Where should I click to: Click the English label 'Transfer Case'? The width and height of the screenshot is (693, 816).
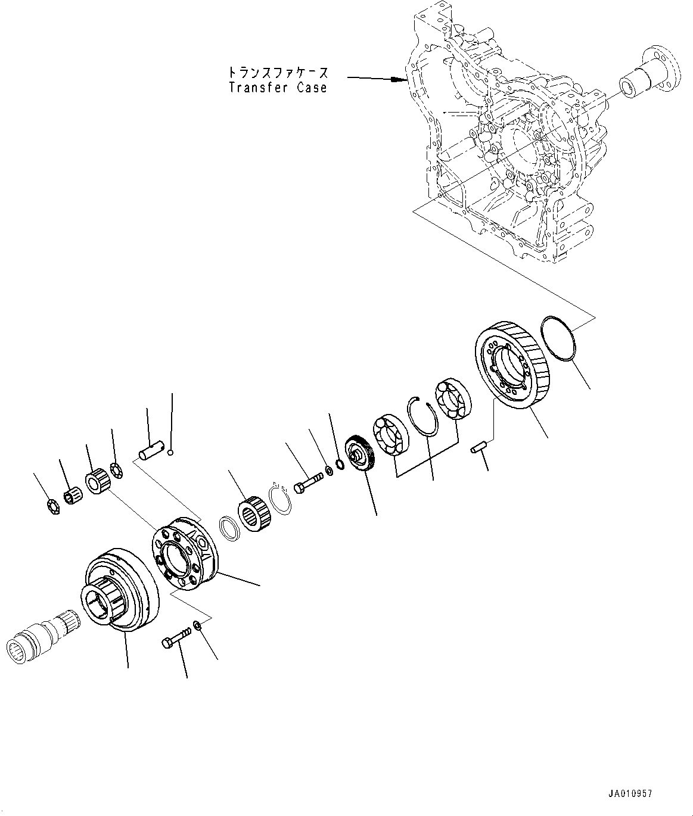[278, 88]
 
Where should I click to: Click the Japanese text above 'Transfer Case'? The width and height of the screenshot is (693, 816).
[278, 72]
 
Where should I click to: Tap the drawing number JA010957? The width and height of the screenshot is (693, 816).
[630, 793]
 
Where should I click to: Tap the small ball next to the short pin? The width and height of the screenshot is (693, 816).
[170, 453]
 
